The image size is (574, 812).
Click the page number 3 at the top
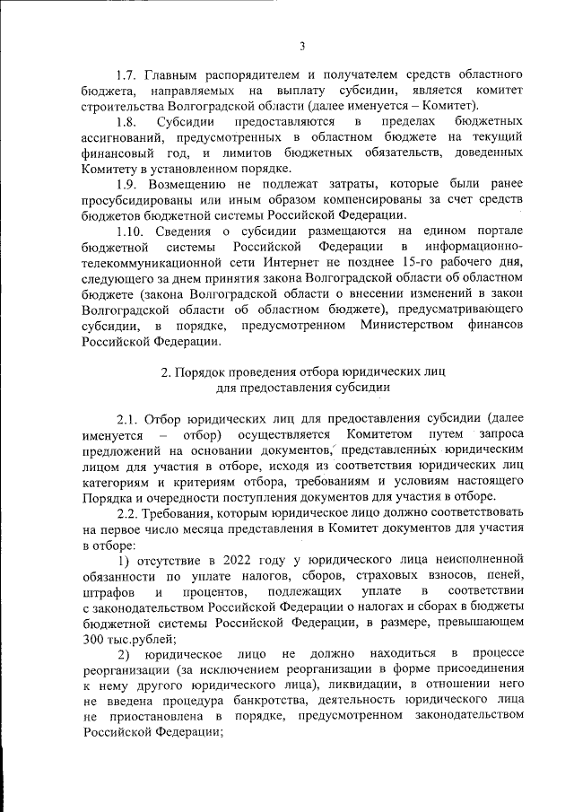point(302,46)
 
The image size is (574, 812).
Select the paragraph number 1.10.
point(132,231)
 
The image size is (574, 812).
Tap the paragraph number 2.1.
point(128,419)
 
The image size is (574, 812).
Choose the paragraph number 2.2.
point(128,513)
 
